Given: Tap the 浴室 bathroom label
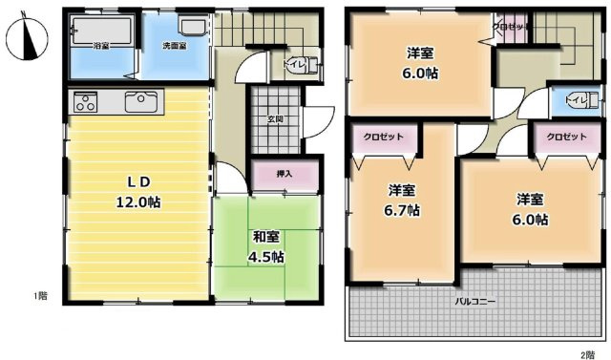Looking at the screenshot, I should click(100, 46).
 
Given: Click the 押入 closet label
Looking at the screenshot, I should click(284, 174).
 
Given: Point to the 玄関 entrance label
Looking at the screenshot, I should click(274, 119).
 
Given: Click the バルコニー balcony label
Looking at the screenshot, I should click(474, 302).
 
